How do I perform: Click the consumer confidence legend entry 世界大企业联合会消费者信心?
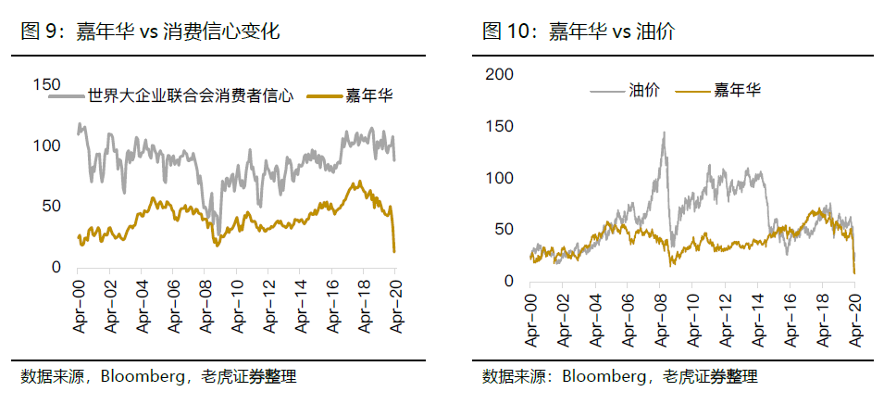[190, 95]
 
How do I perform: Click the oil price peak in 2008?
[664, 133]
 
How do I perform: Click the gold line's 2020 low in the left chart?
[395, 251]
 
